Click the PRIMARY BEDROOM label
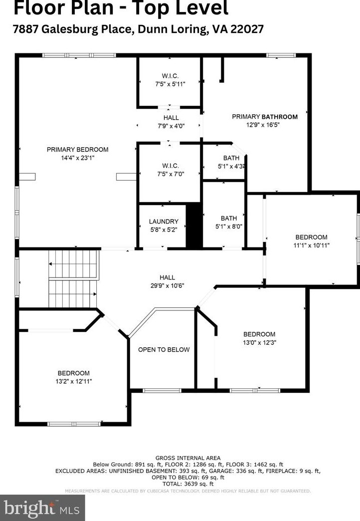point(77,149)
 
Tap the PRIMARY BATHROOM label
point(265,117)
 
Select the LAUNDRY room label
point(164,222)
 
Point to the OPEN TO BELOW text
point(164,349)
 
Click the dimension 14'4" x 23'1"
point(77,158)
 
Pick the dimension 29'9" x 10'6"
point(167,286)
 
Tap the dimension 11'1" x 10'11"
point(311,246)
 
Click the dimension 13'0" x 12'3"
point(259,343)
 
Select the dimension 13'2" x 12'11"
point(74,381)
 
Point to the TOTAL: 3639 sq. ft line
point(188,484)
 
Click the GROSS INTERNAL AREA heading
point(187,458)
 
